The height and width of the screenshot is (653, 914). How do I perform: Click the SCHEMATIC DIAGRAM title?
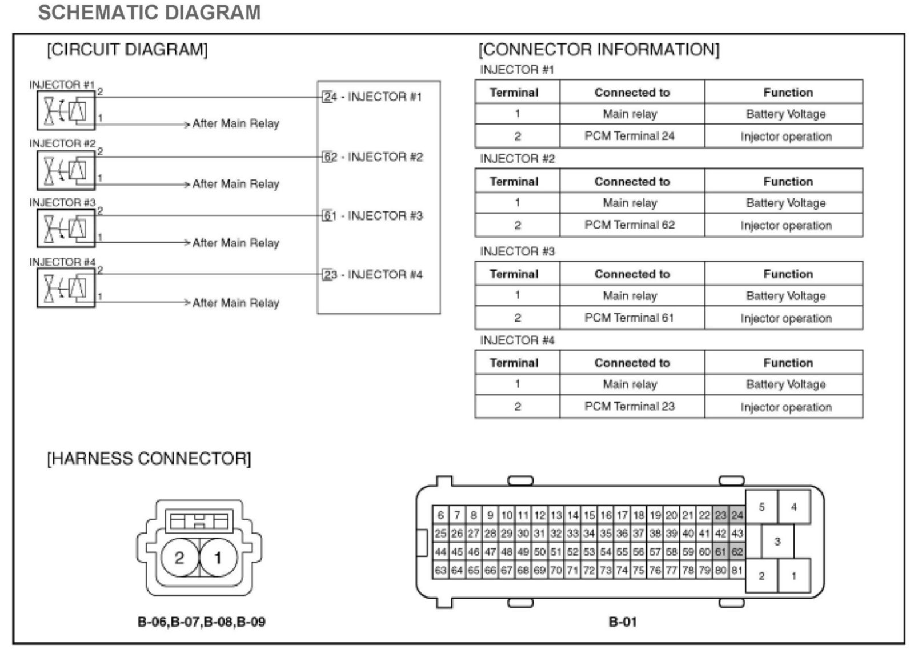point(149,13)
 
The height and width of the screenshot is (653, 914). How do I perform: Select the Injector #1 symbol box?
point(66,110)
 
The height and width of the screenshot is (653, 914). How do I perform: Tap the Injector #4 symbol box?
point(66,287)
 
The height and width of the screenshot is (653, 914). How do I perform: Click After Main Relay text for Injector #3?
point(235,243)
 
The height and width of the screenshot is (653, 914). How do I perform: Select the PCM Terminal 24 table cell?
point(630,136)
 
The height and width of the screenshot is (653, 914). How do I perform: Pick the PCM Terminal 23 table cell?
point(630,406)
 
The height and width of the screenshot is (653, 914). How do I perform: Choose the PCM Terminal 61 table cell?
point(630,318)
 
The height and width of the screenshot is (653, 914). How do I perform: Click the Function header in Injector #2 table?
point(788,182)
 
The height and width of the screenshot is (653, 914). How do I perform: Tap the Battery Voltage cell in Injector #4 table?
point(785,384)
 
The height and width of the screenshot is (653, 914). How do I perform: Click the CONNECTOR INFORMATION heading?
point(599,50)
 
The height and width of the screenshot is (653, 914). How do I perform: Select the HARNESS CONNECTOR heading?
point(149,459)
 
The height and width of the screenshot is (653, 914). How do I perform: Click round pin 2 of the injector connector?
point(179,558)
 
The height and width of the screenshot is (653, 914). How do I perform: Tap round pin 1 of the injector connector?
point(218,558)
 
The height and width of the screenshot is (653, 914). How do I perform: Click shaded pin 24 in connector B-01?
point(737,515)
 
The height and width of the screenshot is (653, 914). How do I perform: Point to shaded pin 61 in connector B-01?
point(720,552)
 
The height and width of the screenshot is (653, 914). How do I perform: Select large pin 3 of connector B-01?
point(777,542)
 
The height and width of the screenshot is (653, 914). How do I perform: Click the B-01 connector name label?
point(622,622)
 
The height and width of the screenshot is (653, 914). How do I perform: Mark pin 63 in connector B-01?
point(440,570)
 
